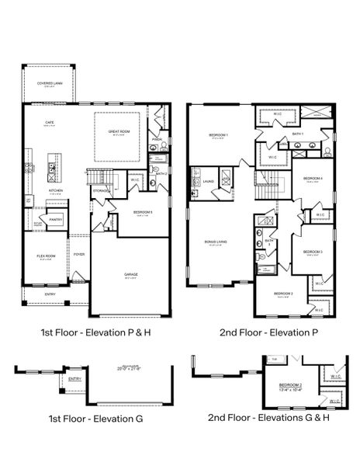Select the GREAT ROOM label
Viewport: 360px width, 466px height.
[x=119, y=131]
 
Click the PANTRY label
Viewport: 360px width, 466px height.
[x=57, y=220]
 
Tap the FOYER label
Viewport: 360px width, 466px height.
[x=79, y=253]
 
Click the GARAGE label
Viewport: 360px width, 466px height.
[x=131, y=274]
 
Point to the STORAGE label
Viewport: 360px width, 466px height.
[x=101, y=189]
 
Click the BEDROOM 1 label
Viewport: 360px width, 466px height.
[x=219, y=135]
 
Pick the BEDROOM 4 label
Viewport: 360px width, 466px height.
[x=313, y=178]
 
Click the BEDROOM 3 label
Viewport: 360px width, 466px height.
[x=313, y=252]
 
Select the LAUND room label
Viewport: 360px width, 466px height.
[x=208, y=181]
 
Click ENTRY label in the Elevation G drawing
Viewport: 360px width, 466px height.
[x=74, y=379]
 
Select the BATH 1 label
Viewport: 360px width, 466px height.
[x=299, y=134]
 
